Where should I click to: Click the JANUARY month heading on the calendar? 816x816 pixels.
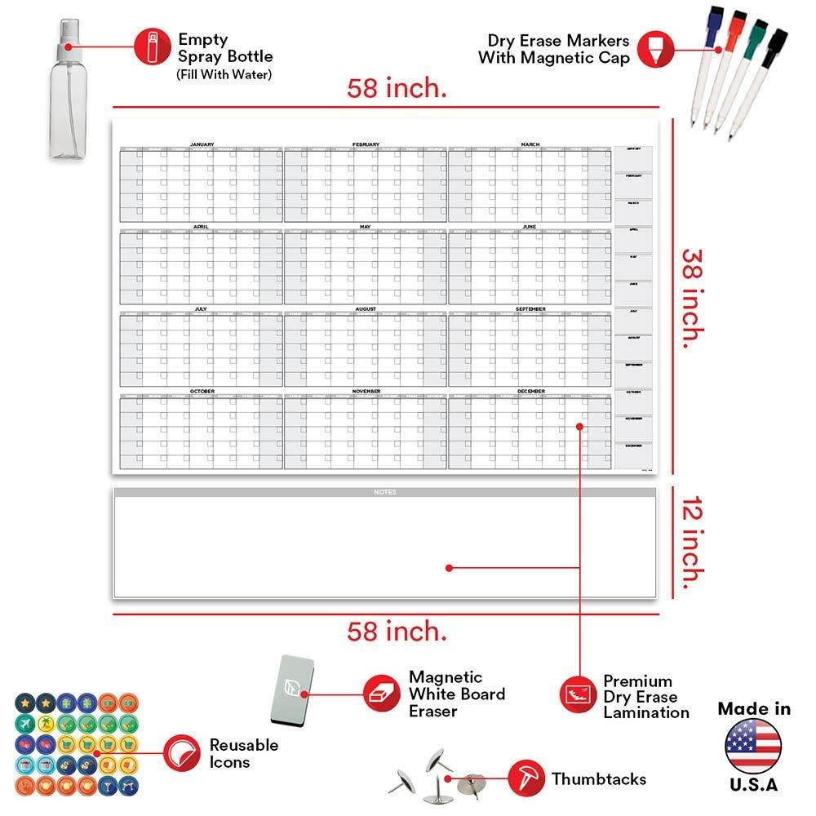click(202, 144)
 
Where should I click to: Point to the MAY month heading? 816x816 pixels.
click(365, 227)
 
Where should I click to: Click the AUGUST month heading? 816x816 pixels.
click(365, 309)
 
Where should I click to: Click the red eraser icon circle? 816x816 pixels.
click(381, 693)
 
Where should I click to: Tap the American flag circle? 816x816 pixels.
click(753, 746)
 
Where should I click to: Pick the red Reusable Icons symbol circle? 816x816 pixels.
click(180, 752)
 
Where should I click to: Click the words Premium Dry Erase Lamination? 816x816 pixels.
click(645, 697)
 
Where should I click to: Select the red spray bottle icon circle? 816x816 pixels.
click(151, 46)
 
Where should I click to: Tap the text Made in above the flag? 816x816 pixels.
click(753, 708)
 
